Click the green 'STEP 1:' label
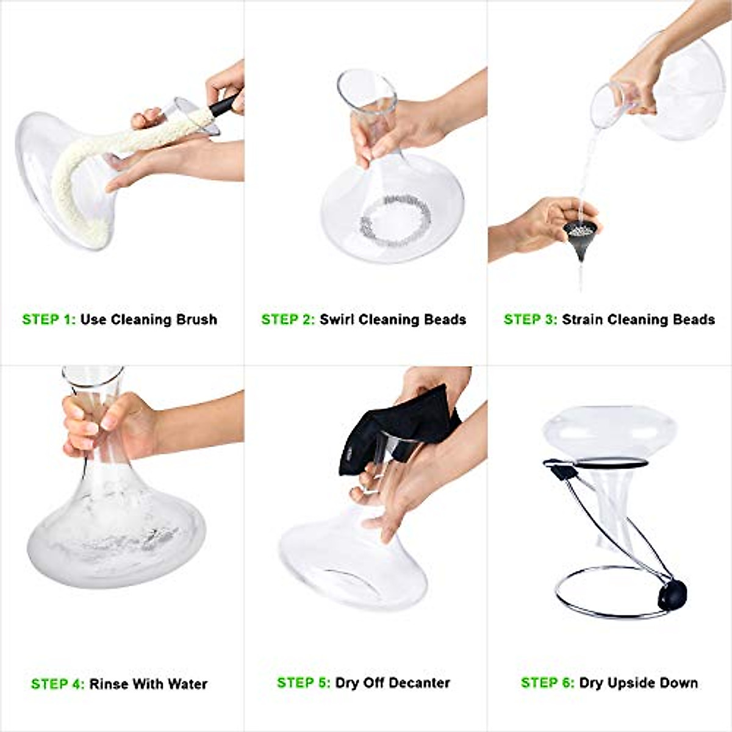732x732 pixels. [49, 319]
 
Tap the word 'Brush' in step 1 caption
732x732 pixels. [196, 319]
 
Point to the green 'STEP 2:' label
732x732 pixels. [288, 319]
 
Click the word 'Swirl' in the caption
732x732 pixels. [337, 319]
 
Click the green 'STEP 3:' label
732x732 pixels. [530, 319]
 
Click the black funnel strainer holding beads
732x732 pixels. [580, 239]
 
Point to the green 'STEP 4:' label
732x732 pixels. [58, 684]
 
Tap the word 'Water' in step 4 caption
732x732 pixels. [185, 684]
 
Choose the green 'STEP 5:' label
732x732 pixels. [304, 682]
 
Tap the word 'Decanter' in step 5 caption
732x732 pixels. [419, 682]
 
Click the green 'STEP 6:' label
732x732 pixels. [547, 682]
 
